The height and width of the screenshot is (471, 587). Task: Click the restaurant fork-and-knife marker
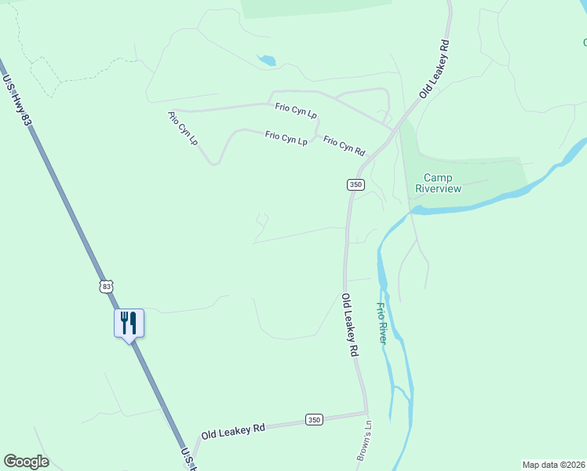[x=129, y=322]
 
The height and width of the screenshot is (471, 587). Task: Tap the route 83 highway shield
[x=107, y=287]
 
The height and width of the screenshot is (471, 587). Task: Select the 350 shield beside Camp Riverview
[x=355, y=184]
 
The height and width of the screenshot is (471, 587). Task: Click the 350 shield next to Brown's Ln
[x=314, y=420]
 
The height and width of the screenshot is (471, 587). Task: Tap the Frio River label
[x=381, y=323]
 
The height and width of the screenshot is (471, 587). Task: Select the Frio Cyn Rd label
[x=345, y=146]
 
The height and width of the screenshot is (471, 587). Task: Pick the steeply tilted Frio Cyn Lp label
[x=183, y=127]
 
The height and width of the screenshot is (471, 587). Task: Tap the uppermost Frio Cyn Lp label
[x=296, y=111]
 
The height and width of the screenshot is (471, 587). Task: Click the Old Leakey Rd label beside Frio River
[x=350, y=326]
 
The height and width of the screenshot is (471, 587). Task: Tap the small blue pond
[x=268, y=60]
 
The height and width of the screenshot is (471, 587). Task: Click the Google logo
[x=26, y=462]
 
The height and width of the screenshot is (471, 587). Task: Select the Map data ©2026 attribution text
[x=553, y=465]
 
